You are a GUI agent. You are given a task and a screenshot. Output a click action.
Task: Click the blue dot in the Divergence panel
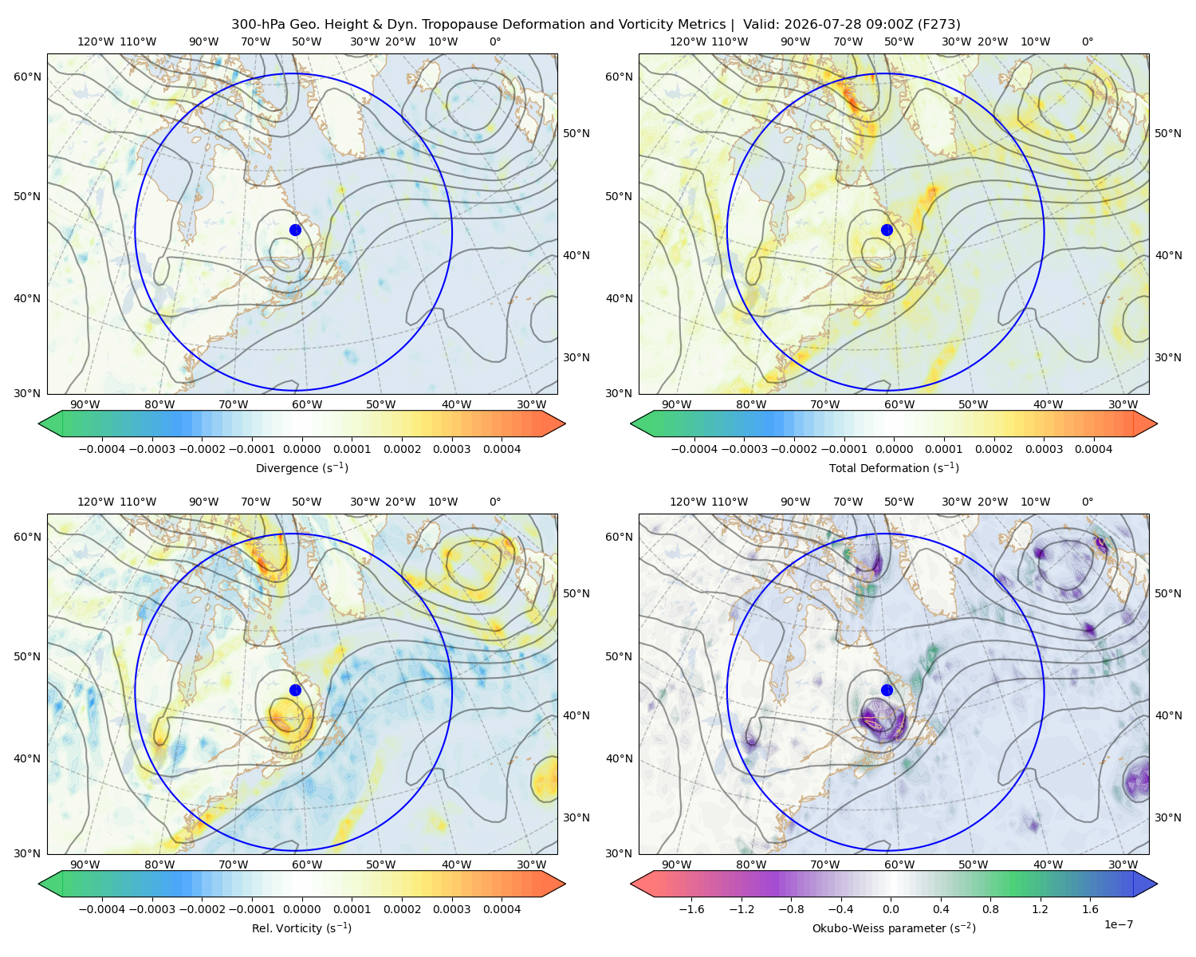click(295, 230)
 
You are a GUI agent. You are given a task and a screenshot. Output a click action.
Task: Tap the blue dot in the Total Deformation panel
click(887, 230)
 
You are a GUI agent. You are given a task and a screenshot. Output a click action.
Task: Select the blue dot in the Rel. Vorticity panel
click(295, 690)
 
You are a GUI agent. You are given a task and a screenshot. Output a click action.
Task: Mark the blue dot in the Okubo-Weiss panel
click(887, 690)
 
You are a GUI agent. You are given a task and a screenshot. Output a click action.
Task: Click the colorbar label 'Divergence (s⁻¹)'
click(301, 468)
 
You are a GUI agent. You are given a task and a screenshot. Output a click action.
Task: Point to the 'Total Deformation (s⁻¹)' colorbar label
click(894, 468)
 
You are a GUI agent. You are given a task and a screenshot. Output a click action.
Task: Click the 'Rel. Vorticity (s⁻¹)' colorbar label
click(301, 928)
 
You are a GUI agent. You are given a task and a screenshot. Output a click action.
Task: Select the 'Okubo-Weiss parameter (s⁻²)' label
click(894, 928)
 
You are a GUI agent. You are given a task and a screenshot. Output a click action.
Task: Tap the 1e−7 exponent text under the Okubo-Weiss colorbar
click(1118, 924)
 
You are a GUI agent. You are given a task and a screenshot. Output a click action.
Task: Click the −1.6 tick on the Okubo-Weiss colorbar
click(692, 909)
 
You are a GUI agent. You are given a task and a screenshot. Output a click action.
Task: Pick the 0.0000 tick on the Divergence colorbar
click(301, 449)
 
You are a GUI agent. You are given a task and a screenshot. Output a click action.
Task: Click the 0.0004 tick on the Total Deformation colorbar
click(1093, 449)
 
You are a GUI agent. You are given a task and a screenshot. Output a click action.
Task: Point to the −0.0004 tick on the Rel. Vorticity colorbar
click(102, 909)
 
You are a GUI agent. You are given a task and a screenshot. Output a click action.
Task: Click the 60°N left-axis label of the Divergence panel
click(27, 77)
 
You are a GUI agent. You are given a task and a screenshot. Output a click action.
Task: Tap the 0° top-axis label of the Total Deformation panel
click(1087, 41)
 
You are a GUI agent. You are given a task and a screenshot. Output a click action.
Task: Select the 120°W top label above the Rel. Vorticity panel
click(96, 502)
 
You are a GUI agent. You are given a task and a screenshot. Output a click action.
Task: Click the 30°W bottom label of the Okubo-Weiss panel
click(1123, 864)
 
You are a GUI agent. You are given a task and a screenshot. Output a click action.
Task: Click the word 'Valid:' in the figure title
click(761, 25)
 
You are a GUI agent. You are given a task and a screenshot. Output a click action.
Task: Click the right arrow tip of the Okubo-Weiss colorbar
click(1157, 884)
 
